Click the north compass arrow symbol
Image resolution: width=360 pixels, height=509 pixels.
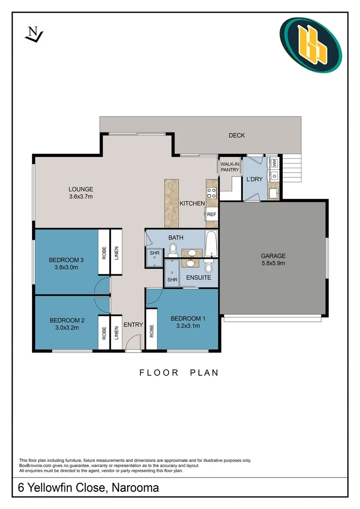[x=34, y=34]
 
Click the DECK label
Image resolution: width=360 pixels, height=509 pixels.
[x=237, y=136]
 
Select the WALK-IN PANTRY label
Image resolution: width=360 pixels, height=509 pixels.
[x=230, y=167]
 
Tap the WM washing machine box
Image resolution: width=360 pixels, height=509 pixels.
[x=274, y=164]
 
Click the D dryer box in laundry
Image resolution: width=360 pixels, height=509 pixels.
[x=274, y=176]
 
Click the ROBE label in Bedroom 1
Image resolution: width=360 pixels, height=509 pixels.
[x=151, y=331]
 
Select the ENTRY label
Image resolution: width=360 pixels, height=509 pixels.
[x=133, y=325]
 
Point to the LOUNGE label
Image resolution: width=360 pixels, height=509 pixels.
[x=81, y=189]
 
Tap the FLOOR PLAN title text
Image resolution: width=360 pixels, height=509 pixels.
[x=179, y=373]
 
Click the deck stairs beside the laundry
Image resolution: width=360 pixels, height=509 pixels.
[x=292, y=169]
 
